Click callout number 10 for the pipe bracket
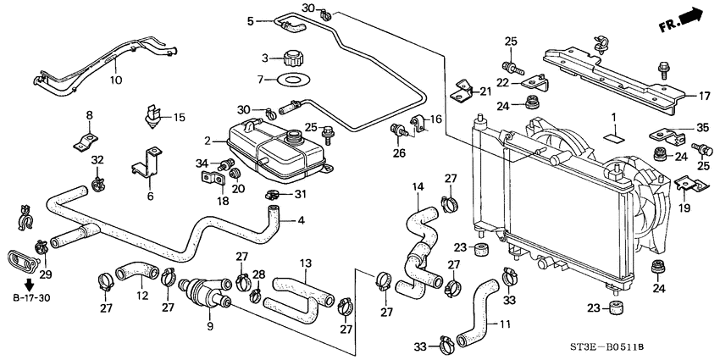coord(115,80)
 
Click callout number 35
coord(701,127)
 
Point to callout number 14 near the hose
coord(417,186)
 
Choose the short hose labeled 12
coord(131,272)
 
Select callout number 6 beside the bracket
coord(150,195)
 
